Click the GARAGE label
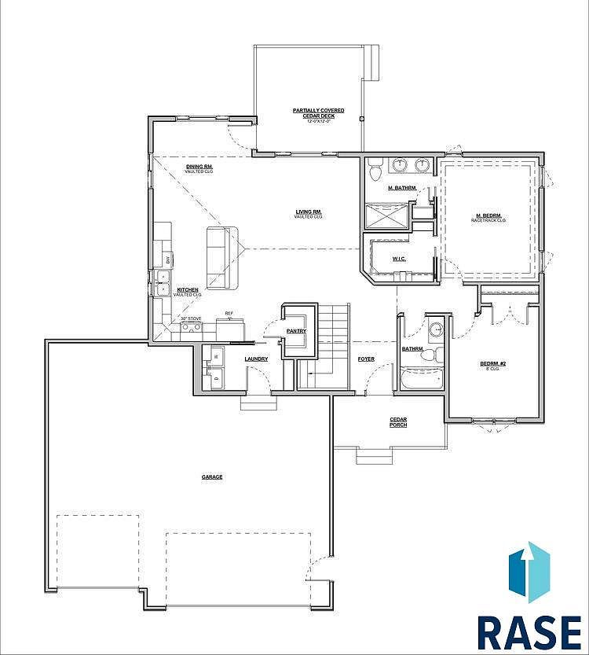pos(212,477)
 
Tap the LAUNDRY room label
pos(256,359)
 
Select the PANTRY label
pos(296,331)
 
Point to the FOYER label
pos(366,359)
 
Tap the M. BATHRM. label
pos(401,188)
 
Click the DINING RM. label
pos(199,167)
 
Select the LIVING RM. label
pos(309,213)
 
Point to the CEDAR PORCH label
pos(398,422)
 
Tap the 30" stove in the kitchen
pos(192,326)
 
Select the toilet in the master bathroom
pos(375,168)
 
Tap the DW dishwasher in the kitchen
pos(167,259)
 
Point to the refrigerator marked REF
pos(230,326)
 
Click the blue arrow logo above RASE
pos(529,572)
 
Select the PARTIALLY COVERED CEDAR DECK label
pos(313,113)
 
